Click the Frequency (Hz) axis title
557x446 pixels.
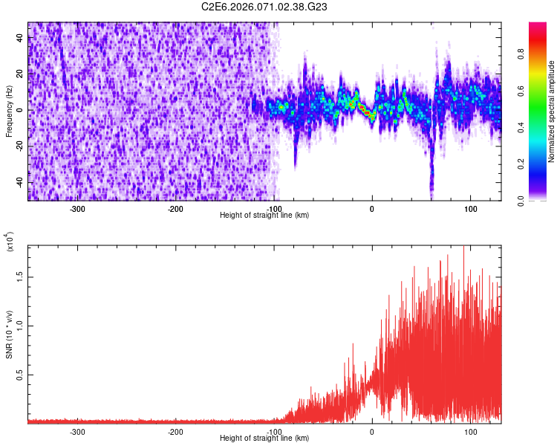10,110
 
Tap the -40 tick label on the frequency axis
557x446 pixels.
19,182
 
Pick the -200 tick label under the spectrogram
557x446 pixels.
176,209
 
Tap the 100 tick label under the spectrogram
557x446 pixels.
470,209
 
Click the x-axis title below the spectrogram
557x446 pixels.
264,216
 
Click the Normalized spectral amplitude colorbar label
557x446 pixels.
552,111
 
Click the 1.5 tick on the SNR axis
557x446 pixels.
21,276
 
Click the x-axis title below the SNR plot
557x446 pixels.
264,439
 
